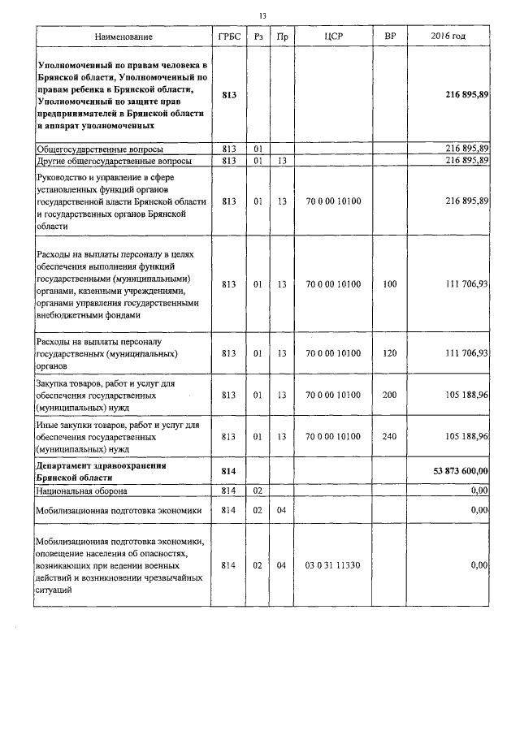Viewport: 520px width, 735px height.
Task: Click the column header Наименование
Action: tap(123, 37)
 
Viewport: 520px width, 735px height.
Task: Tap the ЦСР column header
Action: tap(332, 37)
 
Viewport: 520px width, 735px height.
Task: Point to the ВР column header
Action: tap(389, 37)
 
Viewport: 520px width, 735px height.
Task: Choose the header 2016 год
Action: tap(448, 37)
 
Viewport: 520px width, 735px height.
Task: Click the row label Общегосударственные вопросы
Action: tap(100, 149)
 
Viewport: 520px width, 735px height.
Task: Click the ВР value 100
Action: tap(389, 285)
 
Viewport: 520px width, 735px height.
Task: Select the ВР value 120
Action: tap(389, 353)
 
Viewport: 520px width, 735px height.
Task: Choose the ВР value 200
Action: tap(389, 396)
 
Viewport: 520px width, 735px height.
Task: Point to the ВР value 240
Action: tap(389, 436)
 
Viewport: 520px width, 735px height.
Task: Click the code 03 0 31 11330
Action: tap(332, 564)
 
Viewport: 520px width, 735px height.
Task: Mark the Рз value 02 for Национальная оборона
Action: tap(257, 491)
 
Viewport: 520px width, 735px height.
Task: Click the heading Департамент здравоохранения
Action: tap(102, 465)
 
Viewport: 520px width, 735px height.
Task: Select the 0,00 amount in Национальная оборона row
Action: tap(479, 491)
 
